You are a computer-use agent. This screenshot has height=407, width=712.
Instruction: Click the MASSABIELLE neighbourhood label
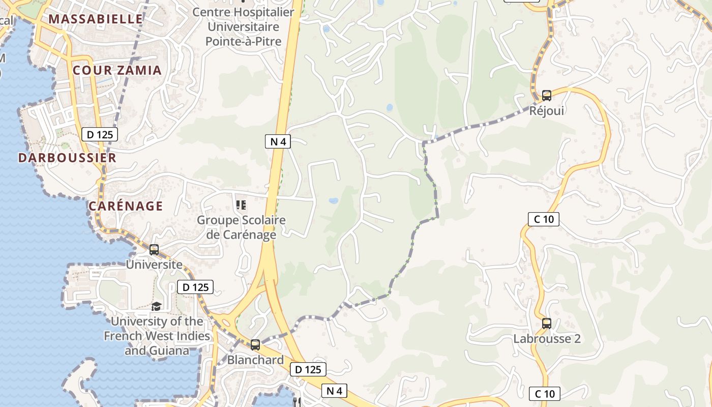coord(96,19)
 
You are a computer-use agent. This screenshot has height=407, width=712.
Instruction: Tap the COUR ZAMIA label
coord(117,70)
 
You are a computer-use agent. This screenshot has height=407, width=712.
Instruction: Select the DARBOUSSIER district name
coord(67,158)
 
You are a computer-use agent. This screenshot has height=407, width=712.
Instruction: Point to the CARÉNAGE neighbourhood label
coord(126,206)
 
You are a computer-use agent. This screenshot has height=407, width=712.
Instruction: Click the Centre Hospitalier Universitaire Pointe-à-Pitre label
coord(243,26)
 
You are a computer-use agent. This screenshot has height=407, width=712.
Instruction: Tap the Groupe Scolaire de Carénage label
coord(241,227)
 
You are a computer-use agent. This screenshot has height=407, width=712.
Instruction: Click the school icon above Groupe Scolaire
coord(241,205)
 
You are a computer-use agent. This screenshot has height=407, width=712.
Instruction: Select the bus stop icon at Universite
coord(154,250)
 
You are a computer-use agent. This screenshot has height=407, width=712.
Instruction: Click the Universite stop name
coord(154,265)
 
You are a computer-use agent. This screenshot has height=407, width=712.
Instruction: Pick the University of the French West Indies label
coord(157,336)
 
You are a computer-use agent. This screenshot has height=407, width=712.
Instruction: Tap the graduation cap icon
coord(157,306)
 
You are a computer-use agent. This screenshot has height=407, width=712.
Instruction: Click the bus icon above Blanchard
coord(255,344)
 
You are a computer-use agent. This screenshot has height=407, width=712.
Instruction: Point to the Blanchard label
coord(255,360)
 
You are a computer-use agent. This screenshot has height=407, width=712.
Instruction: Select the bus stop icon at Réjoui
coord(547,95)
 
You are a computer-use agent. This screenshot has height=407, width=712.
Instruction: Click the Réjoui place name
coord(547,110)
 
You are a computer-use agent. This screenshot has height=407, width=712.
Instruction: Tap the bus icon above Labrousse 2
coord(547,323)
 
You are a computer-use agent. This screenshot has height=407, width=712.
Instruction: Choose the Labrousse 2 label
coord(547,339)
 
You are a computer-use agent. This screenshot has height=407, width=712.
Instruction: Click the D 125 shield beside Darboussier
coord(100,134)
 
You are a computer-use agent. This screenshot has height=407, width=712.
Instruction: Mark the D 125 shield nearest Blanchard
coord(308,369)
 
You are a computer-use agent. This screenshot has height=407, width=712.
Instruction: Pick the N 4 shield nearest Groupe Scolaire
coord(278,141)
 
